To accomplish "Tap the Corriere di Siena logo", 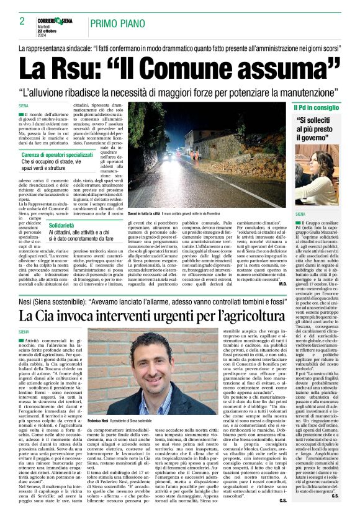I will point(55,20).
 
